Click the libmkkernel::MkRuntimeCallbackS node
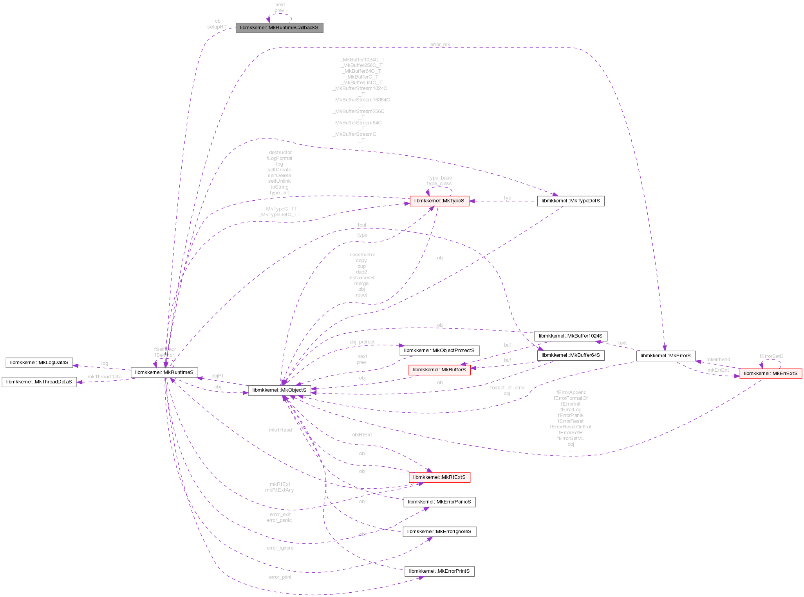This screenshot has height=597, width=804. coord(279,28)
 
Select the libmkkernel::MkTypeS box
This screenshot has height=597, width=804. coord(439,201)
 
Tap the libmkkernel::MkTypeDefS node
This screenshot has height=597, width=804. coord(570,201)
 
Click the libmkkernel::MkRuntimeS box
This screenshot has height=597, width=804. coord(164,372)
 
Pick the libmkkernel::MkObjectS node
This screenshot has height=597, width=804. coord(279,390)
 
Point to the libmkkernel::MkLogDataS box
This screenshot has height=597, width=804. coord(39,363)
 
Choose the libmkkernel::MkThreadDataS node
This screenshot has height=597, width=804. coord(39,381)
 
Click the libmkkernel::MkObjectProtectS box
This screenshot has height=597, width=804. coord(439,351)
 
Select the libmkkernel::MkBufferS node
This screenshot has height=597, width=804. coord(439,370)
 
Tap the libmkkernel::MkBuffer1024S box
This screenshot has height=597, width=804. coord(571,336)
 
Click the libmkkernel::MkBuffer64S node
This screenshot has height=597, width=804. coord(571,355)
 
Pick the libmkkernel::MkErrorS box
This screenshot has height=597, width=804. coord(665,356)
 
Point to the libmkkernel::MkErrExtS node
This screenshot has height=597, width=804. coord(770,373)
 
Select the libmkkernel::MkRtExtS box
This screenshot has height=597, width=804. coord(439,477)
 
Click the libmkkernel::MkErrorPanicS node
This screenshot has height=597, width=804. coord(439,502)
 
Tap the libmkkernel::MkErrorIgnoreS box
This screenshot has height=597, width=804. coord(439,531)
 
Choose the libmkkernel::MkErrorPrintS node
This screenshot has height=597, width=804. coord(439,571)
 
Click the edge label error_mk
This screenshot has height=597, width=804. coord(440,45)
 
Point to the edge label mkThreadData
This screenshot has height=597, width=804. coord(104,377)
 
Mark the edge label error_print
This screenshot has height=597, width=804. coord(280,577)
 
